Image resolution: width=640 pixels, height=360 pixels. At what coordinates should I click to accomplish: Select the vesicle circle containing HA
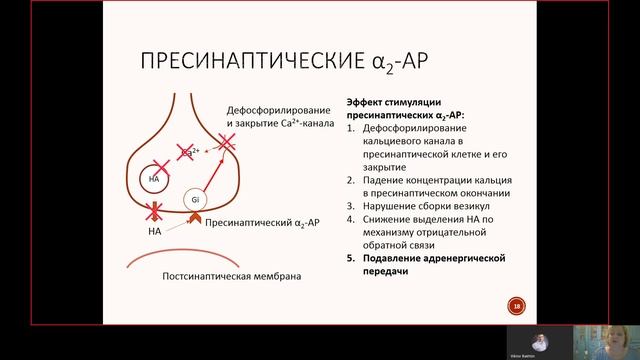coord(154,179)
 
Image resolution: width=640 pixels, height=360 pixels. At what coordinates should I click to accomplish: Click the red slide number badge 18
coord(516,306)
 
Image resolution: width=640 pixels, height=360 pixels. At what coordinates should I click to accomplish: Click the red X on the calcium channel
coord(226,146)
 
